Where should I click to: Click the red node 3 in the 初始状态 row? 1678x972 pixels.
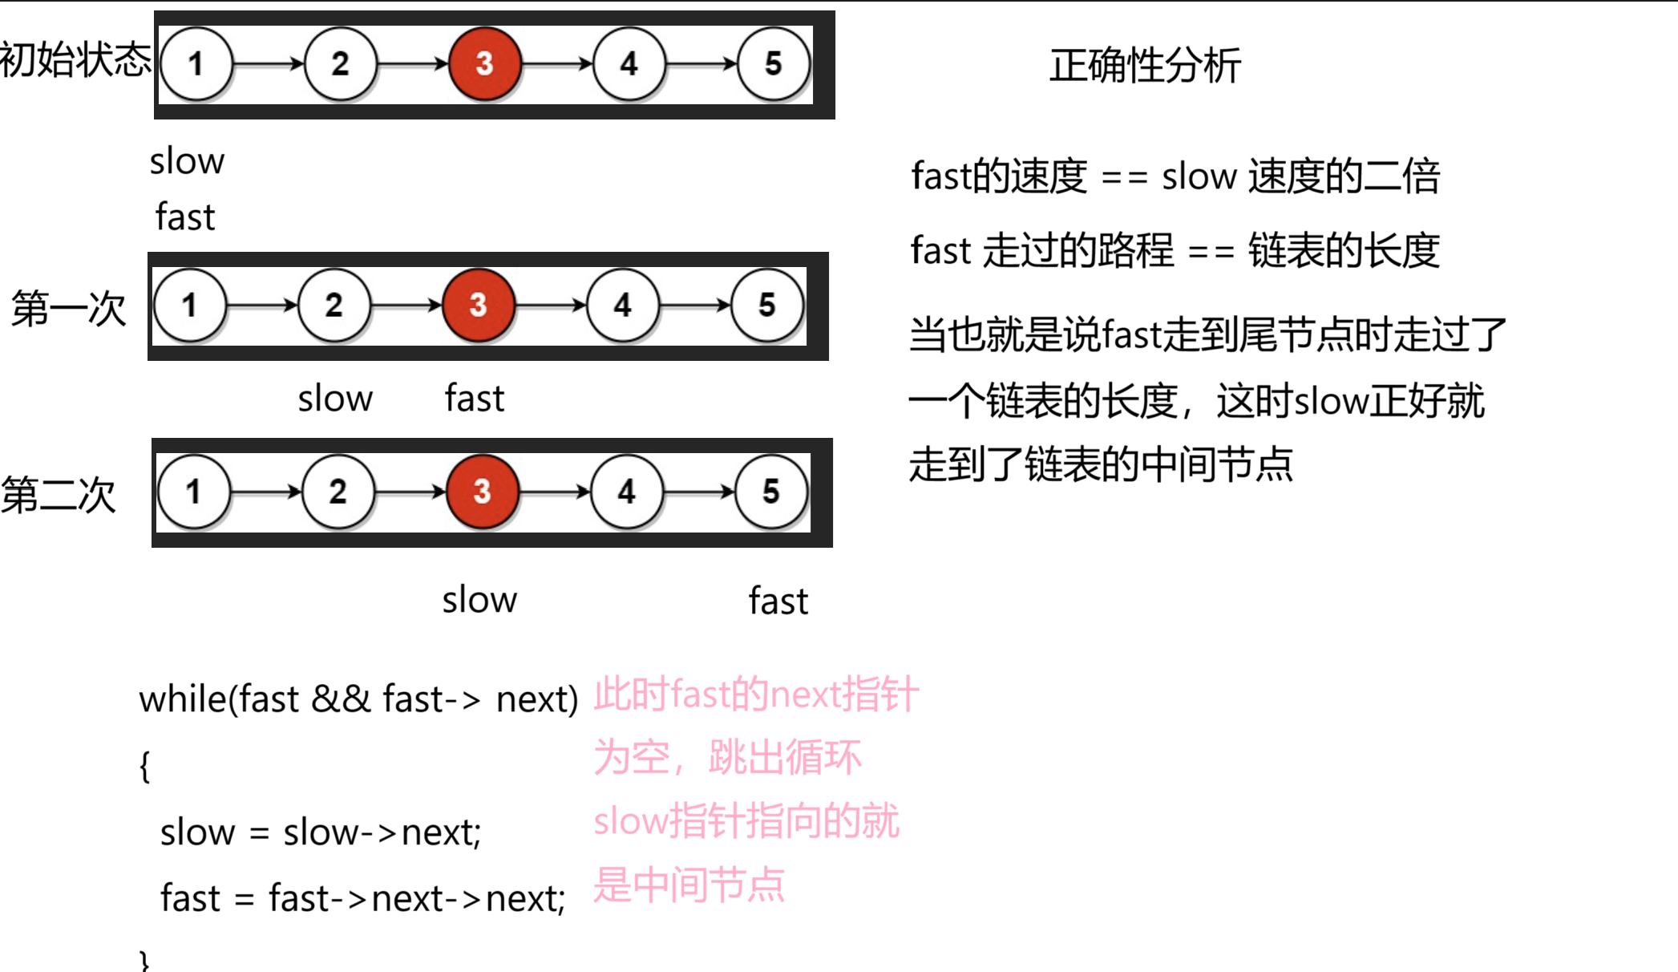pos(484,64)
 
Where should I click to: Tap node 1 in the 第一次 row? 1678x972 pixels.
pos(189,306)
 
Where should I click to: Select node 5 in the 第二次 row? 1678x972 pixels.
pos(770,492)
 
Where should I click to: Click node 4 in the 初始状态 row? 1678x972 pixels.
pos(629,64)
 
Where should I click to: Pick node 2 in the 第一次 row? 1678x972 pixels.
pos(334,306)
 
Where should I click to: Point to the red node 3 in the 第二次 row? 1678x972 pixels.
pos(482,492)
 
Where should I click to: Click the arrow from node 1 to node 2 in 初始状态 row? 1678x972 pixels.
pos(268,64)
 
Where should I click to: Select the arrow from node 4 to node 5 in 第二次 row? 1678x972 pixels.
pos(699,492)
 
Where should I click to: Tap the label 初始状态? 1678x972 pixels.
pos(75,60)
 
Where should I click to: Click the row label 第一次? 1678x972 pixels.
pos(68,309)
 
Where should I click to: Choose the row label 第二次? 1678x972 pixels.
pos(59,495)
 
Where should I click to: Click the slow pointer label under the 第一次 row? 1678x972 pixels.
pos(335,399)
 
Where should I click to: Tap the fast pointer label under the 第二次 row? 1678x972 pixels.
pos(778,601)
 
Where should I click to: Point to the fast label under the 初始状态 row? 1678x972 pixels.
pos(185,217)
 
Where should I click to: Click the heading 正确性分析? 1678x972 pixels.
pos(1145,66)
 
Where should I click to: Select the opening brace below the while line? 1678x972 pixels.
pos(144,766)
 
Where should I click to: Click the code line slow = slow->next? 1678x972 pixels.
pos(320,832)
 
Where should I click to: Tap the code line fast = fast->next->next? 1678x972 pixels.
pos(362,898)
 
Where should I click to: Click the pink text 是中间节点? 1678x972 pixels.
pos(689,885)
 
